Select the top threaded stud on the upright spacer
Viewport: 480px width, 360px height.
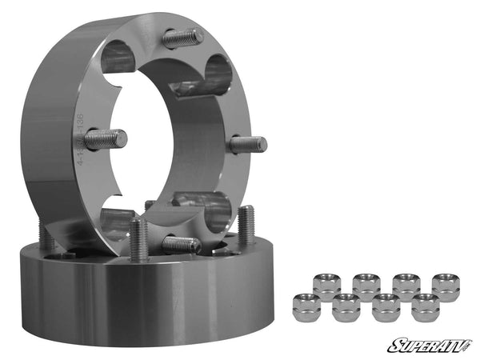182,38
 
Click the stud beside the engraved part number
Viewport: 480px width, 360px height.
106,138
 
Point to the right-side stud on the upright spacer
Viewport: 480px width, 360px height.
247,145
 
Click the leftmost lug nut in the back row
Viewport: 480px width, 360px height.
326,285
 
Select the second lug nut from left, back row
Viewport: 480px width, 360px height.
366,285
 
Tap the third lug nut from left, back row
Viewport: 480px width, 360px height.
406,285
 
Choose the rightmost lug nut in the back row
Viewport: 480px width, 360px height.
446,286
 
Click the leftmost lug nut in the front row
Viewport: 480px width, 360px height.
306,306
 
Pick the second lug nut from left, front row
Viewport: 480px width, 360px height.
346,306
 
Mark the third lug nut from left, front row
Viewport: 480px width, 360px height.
386,306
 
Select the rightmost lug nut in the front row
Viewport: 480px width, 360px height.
426,306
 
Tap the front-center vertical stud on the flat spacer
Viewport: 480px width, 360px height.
138,238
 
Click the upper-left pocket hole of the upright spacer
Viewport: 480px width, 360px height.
118,56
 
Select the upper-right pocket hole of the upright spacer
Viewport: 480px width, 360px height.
218,74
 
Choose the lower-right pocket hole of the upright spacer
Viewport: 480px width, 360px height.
214,210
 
